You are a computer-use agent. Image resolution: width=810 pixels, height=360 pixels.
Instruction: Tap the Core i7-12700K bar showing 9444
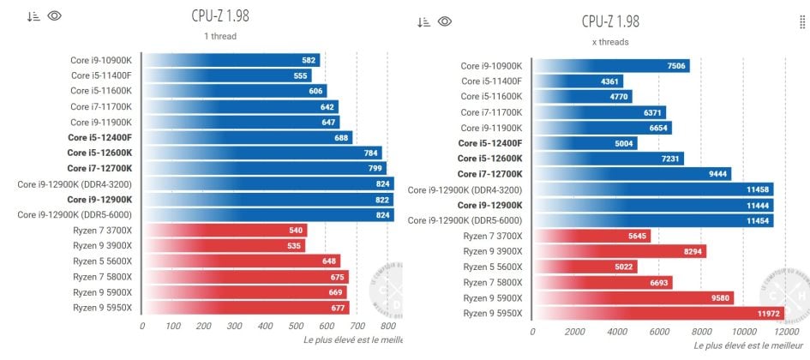click(x=632, y=174)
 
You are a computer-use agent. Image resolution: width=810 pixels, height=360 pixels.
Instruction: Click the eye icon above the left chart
click(x=55, y=15)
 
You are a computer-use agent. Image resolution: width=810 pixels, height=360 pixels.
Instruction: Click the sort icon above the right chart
click(x=423, y=22)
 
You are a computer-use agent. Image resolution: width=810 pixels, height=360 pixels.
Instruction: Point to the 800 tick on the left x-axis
click(x=388, y=327)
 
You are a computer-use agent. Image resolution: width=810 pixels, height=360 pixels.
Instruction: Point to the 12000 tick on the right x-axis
click(x=784, y=332)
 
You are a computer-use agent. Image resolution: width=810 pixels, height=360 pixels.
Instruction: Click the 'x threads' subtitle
click(x=611, y=42)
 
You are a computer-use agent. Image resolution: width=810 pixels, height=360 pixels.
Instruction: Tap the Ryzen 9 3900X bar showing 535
click(x=223, y=246)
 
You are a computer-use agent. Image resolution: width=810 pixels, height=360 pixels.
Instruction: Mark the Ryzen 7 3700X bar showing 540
click(x=225, y=231)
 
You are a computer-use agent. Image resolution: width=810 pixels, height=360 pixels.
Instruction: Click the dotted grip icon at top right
click(x=802, y=23)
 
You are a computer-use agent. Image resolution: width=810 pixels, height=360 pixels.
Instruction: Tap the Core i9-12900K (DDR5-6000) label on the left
click(x=75, y=214)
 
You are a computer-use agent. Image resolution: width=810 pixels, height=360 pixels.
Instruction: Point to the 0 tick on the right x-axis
click(x=533, y=332)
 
